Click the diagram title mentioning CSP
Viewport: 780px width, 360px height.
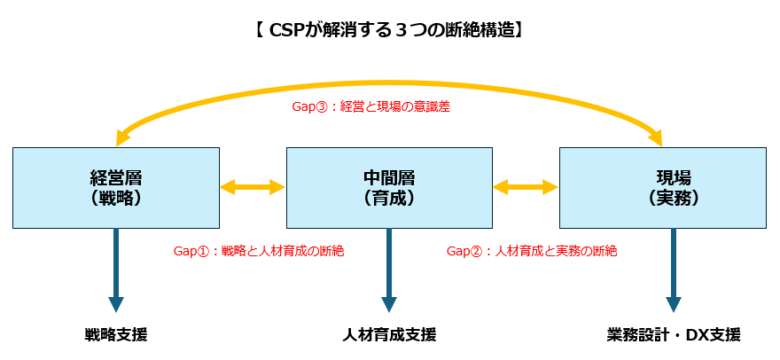tap(389, 30)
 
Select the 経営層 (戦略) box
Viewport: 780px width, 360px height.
tap(116, 188)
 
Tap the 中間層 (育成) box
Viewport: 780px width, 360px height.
tap(389, 188)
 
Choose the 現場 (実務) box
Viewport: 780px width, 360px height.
tap(663, 188)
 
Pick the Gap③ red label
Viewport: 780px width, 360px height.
tap(370, 107)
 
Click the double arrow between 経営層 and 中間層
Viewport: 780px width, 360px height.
tap(253, 187)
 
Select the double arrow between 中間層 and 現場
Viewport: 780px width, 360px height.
tap(526, 187)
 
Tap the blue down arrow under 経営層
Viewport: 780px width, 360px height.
tap(116, 270)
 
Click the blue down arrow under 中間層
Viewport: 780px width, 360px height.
tap(389, 270)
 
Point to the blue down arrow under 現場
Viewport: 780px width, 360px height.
tap(674, 270)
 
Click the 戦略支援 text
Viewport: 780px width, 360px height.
tap(116, 334)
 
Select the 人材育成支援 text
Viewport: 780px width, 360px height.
tap(389, 334)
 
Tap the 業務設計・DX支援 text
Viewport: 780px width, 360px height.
tap(674, 334)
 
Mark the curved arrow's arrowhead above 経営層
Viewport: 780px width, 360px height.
tap(122, 137)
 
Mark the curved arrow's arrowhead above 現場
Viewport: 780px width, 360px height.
tap(657, 137)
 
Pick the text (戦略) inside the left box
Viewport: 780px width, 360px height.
tap(116, 198)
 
